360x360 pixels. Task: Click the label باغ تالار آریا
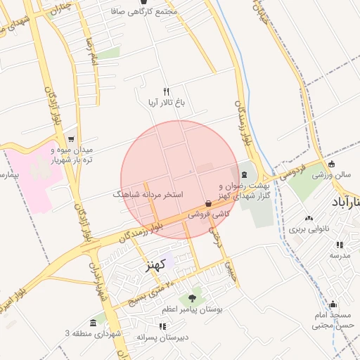pos(166,103)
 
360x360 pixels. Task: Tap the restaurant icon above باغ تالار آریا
pos(167,91)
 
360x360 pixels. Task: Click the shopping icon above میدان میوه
pos(70,139)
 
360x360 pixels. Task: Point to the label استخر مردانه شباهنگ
pos(148,193)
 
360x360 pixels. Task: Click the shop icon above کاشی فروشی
pos(208,204)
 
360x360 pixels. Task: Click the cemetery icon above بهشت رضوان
pos(243,173)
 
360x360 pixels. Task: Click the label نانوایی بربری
pos(307,229)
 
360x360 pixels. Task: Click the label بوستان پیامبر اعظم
pos(192,309)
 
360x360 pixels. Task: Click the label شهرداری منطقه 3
pos(91,332)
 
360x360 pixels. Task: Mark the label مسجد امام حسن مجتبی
pos(332,320)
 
